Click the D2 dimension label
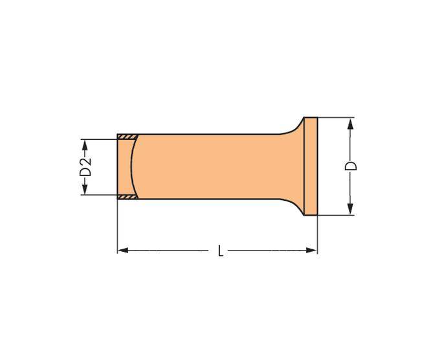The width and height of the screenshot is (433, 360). (x=85, y=166)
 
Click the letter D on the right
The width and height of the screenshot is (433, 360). (x=351, y=166)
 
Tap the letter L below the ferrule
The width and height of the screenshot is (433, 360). (x=221, y=251)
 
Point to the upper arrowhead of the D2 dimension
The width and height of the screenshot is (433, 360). (x=85, y=143)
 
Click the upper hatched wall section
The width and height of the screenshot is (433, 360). (x=128, y=136)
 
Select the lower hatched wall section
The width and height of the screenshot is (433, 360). (x=128, y=196)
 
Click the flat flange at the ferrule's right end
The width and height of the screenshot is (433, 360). (x=311, y=166)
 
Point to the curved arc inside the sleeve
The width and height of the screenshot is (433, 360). (x=133, y=166)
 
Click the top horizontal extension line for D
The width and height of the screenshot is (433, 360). (x=337, y=118)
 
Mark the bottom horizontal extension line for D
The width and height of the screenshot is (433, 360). (x=337, y=215)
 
